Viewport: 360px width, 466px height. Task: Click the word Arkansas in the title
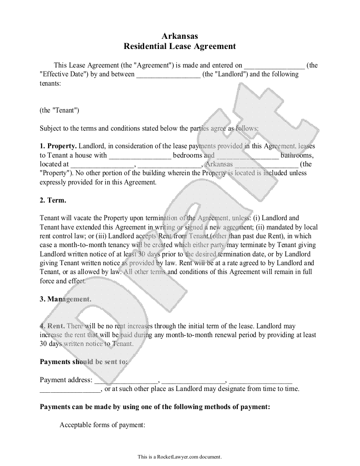[180, 36]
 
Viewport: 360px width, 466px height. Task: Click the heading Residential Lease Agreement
[180, 46]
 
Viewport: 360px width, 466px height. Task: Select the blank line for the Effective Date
[274, 66]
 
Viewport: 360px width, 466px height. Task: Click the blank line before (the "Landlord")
[168, 75]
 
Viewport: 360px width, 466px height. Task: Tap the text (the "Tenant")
[60, 110]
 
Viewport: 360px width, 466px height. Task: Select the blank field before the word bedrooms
[140, 155]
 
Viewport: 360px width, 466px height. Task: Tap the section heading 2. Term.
[53, 200]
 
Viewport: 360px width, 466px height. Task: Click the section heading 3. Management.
[65, 299]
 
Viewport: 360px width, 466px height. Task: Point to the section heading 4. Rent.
[52, 326]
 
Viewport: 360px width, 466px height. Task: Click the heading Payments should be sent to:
[84, 362]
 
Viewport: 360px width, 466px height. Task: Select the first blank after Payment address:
[126, 380]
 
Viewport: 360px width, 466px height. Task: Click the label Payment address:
[66, 380]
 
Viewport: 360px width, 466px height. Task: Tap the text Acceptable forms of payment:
[102, 425]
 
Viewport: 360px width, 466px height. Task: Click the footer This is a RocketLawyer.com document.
[180, 457]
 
